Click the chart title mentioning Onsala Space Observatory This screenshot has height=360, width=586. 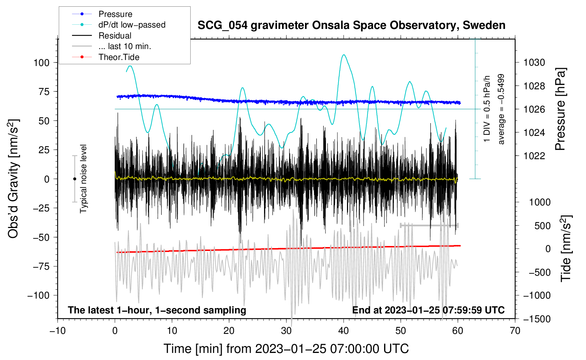(351, 25)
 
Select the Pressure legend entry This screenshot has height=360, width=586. (115, 14)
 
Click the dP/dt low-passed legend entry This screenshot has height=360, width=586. (132, 25)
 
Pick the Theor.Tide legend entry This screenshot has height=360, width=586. (119, 57)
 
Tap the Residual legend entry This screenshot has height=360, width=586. (115, 36)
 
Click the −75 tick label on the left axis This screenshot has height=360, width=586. (41, 266)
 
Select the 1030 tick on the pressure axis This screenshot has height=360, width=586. (534, 62)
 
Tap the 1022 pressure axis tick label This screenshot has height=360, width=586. (534, 156)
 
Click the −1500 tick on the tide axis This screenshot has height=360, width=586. (537, 319)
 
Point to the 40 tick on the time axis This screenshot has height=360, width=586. (343, 331)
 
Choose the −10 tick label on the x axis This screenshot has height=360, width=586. (58, 331)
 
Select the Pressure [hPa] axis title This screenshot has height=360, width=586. (560, 109)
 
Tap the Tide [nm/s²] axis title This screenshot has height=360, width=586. (566, 248)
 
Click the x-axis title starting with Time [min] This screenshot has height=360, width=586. (286, 349)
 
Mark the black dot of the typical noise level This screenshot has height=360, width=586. (74, 179)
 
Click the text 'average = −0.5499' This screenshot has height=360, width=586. (501, 109)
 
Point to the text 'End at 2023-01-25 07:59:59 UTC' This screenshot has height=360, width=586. (429, 310)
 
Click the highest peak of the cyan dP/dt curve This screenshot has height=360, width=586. (344, 55)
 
